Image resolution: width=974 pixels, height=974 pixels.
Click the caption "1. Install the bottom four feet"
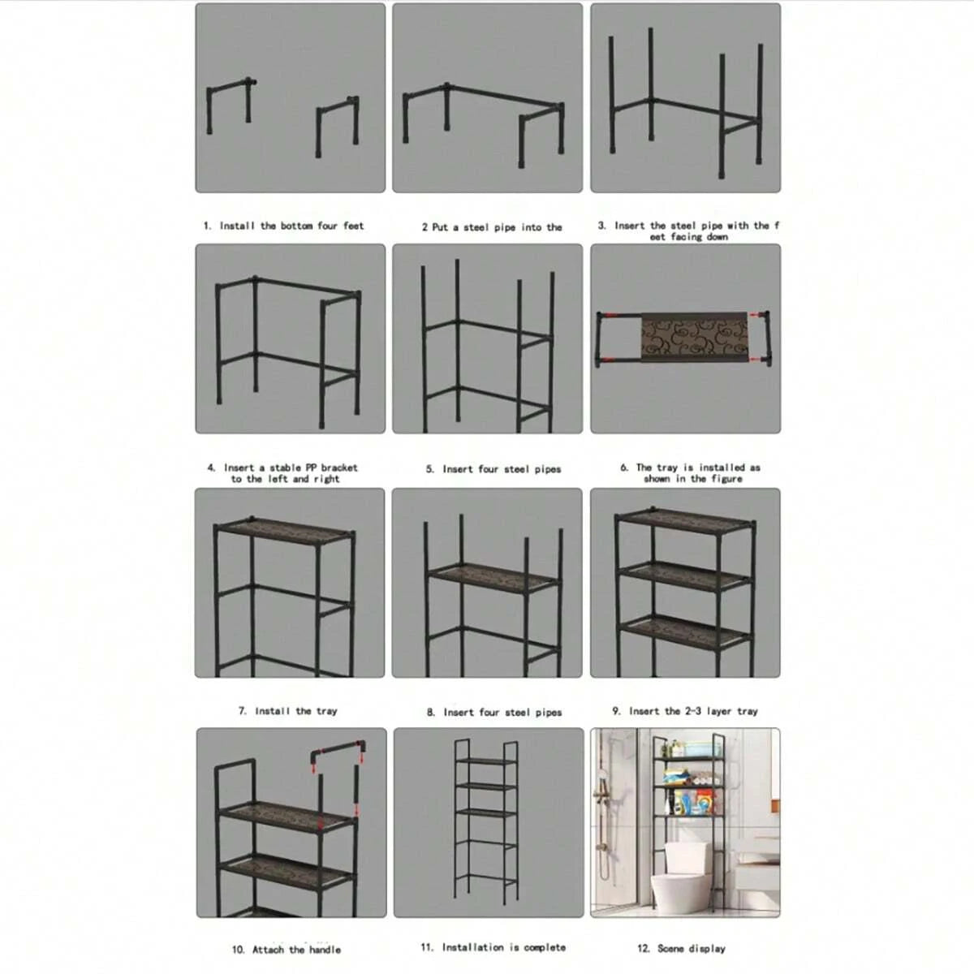click(x=283, y=226)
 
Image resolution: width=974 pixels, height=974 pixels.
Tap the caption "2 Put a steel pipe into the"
click(x=491, y=227)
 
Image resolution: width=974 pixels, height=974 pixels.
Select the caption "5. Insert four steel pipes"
click(x=493, y=469)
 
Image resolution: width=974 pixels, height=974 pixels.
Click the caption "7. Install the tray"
click(x=287, y=711)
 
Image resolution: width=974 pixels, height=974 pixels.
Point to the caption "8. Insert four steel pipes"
click(x=493, y=713)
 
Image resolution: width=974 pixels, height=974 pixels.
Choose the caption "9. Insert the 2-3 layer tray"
click(x=685, y=711)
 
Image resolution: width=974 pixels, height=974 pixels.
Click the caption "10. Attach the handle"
click(x=287, y=950)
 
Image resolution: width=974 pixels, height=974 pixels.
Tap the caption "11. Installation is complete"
click(x=493, y=947)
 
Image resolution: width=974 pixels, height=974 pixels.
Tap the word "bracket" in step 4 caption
click(x=338, y=468)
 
